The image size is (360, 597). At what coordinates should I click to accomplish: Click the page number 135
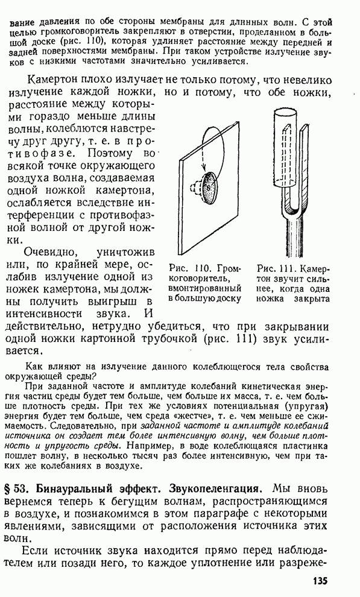tap(320, 581)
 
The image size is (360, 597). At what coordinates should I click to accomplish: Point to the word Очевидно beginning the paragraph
tap(51, 253)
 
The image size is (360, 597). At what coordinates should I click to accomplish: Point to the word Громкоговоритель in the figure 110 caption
tap(205, 274)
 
